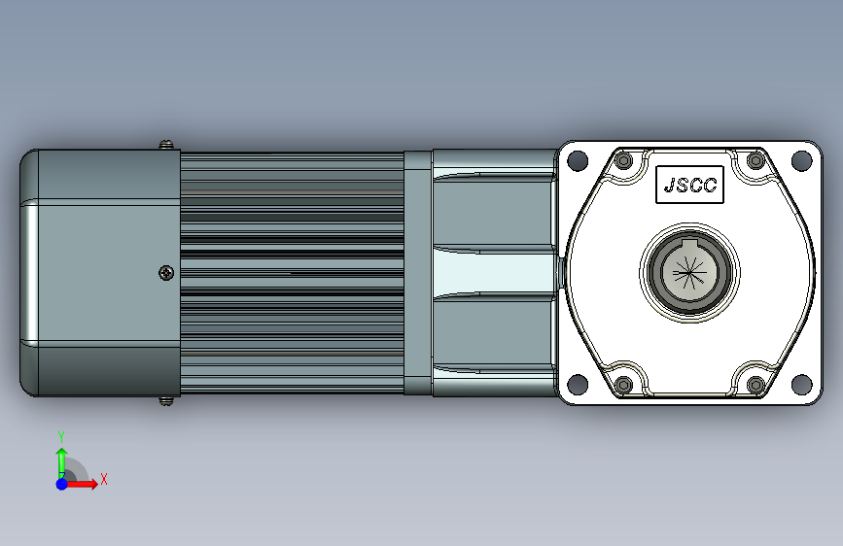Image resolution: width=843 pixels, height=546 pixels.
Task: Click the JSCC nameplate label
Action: [x=689, y=185]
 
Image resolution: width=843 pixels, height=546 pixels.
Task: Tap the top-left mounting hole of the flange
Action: [x=578, y=160]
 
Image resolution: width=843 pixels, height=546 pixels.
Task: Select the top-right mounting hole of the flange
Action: [x=801, y=160]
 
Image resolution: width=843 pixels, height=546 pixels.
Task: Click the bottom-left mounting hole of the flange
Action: [x=578, y=385]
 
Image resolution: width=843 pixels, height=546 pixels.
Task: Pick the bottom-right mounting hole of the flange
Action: [x=801, y=385]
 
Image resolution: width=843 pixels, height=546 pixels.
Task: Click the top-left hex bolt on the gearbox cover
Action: [x=623, y=160]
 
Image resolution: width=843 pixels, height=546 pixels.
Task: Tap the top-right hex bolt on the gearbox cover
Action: [x=755, y=160]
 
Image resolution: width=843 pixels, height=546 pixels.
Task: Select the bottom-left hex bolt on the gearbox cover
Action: [x=623, y=385]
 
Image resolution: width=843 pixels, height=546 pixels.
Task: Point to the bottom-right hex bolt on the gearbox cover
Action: [x=755, y=385]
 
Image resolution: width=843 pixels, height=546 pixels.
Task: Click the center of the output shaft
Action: [x=689, y=273]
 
